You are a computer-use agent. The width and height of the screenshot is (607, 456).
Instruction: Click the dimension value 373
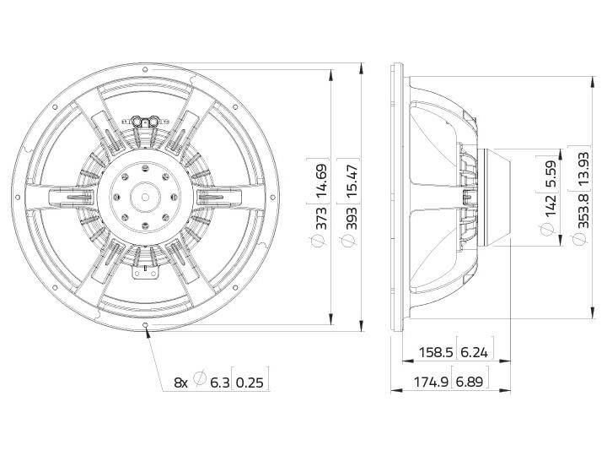(320, 218)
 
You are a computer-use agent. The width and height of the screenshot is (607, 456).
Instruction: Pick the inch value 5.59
(550, 173)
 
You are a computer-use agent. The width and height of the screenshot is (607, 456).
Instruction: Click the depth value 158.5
(436, 352)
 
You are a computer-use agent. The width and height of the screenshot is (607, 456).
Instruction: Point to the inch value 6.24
(475, 352)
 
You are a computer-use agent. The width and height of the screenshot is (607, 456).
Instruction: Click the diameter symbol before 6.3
(200, 381)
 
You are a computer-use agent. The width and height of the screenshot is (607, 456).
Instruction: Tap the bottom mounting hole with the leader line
(148, 326)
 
